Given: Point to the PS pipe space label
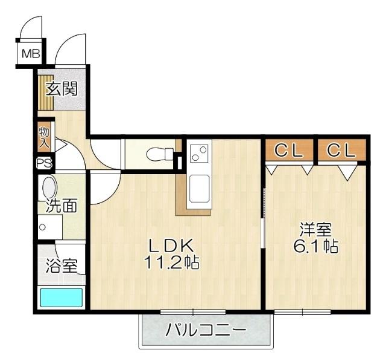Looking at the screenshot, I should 44,163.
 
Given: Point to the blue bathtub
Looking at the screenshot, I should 61,299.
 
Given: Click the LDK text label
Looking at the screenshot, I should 171,245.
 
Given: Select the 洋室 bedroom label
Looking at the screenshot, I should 316,230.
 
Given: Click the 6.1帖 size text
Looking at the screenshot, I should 316,247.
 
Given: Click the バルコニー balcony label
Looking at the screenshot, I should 206,331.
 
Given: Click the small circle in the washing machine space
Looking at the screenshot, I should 42,228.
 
